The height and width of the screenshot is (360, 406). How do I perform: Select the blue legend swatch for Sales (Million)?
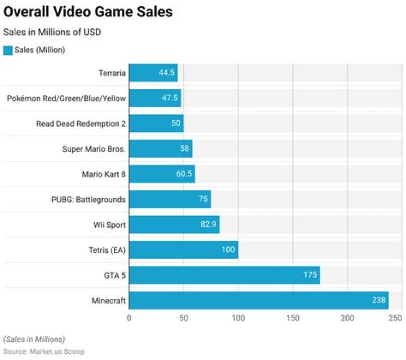click(8, 50)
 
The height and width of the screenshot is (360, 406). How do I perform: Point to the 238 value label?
click(378, 300)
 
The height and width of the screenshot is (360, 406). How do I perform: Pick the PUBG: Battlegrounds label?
click(89, 199)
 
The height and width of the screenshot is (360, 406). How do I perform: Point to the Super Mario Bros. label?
click(94, 149)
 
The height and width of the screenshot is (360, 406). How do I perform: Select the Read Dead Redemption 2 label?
click(81, 124)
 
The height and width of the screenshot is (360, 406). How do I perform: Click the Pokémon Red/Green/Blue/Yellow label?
click(66, 98)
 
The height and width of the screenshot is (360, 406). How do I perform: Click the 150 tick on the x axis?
click(293, 319)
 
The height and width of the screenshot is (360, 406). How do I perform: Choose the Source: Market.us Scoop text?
click(44, 352)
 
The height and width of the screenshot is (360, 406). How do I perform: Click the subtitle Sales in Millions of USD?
click(52, 32)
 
